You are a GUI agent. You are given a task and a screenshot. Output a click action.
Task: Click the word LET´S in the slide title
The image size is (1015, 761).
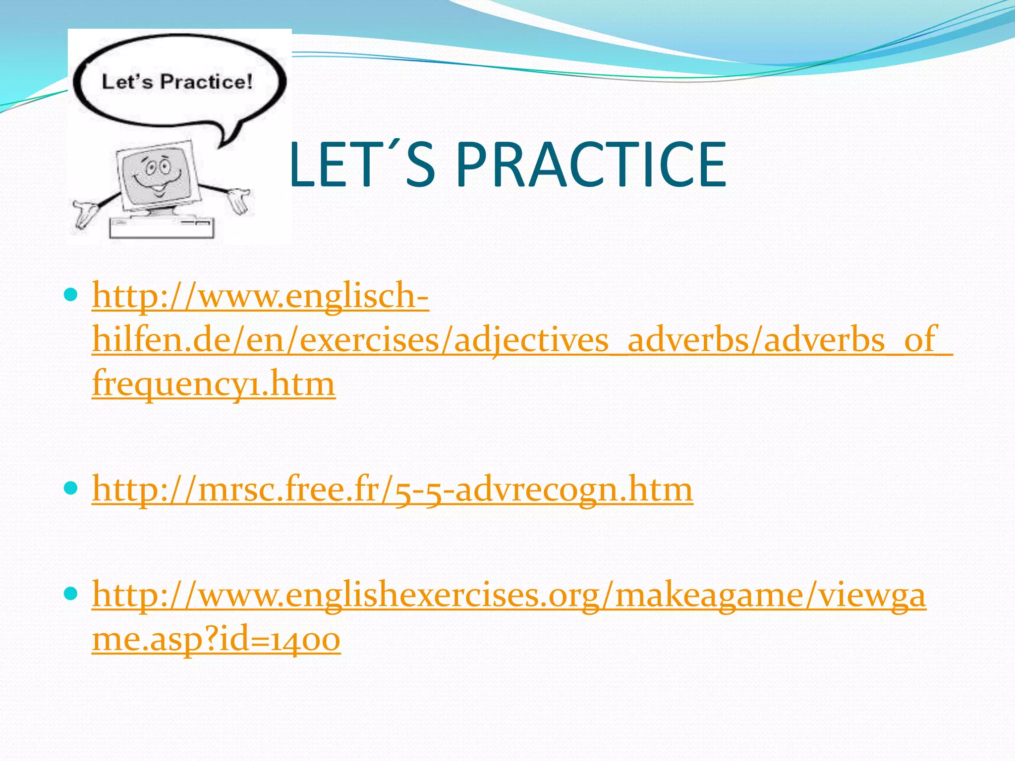(361, 164)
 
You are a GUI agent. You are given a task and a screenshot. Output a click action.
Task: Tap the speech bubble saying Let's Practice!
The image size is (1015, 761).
(178, 82)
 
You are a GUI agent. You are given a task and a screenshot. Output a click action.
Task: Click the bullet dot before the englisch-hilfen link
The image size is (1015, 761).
(71, 296)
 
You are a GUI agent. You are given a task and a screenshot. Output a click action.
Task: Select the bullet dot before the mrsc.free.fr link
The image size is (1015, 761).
(71, 489)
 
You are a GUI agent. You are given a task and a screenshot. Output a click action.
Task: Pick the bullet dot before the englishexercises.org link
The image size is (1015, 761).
(71, 594)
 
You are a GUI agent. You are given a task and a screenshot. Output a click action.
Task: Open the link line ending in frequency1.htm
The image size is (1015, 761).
(214, 383)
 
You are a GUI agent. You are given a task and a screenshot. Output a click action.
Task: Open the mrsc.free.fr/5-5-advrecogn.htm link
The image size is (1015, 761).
(392, 489)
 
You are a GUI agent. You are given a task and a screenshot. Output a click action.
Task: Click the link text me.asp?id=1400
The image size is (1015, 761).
(216, 639)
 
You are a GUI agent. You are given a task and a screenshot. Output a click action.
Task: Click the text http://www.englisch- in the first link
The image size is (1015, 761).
(260, 296)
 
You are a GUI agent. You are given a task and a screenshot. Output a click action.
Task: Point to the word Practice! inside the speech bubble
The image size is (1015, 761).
(206, 82)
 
